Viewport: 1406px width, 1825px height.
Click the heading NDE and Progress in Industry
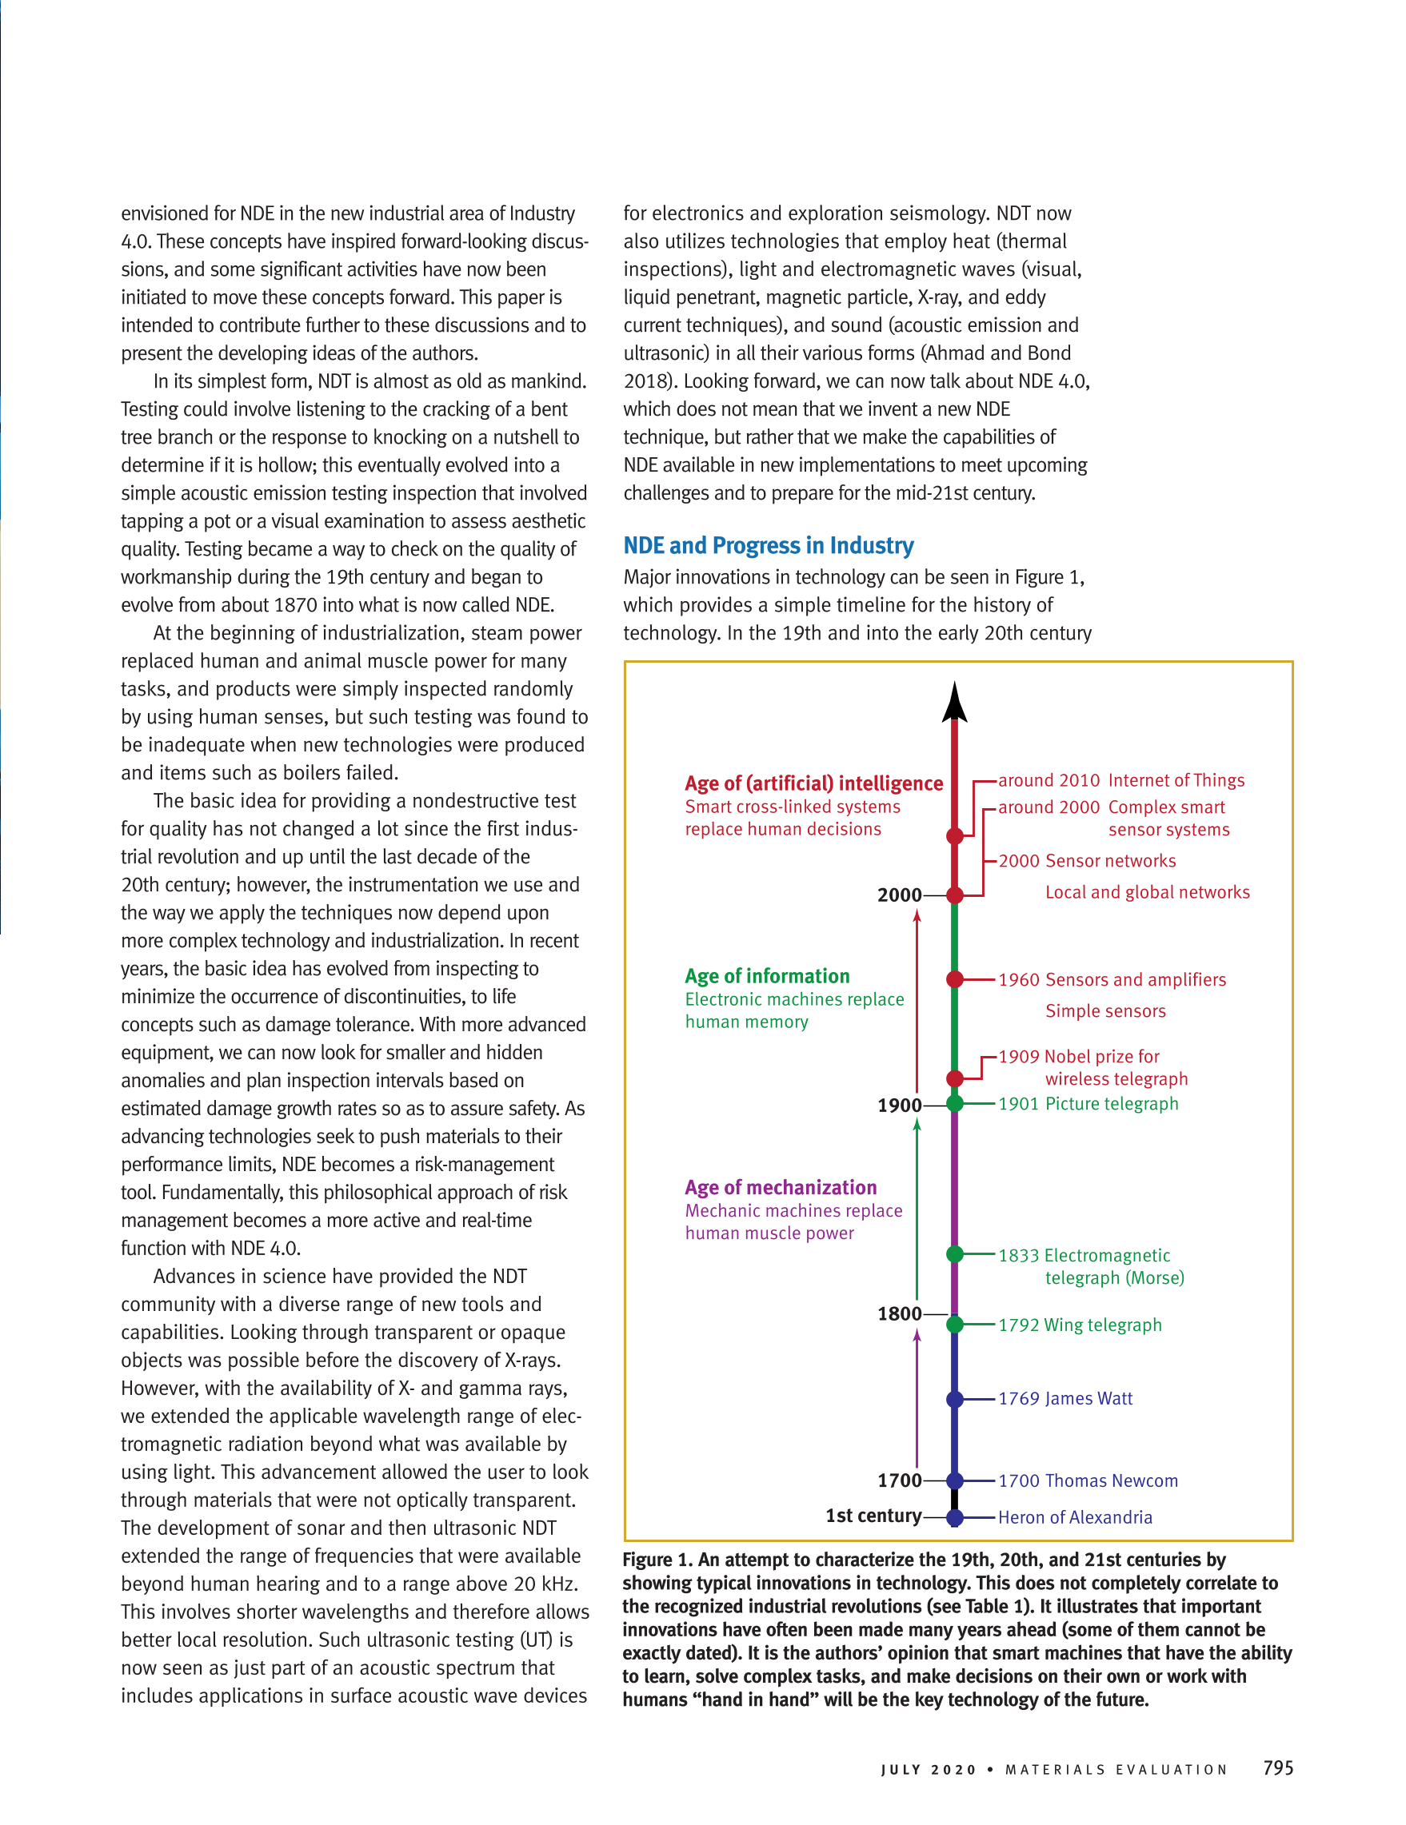769,546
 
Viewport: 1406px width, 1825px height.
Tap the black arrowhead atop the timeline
954,702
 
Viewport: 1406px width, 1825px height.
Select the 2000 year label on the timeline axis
900,895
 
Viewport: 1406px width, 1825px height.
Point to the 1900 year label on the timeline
900,1106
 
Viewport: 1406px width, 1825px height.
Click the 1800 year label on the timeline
900,1313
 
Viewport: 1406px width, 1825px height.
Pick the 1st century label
873,1516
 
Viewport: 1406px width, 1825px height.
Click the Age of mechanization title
781,1187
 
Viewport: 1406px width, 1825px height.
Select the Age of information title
766,976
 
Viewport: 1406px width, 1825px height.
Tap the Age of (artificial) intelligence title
813,783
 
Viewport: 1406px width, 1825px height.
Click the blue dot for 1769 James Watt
955,1399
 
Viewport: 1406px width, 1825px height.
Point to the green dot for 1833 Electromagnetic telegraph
955,1253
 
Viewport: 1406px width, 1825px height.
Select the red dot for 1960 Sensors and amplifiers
955,979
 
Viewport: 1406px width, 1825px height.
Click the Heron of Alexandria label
1075,1517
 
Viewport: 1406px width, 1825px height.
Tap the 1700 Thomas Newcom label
1088,1480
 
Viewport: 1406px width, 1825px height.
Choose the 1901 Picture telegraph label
1088,1104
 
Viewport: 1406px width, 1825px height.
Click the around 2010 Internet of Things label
1121,780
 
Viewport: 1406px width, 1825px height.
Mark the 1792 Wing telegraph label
1079,1325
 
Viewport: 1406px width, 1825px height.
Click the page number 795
1278,1767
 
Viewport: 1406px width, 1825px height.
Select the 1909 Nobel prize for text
1078,1056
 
